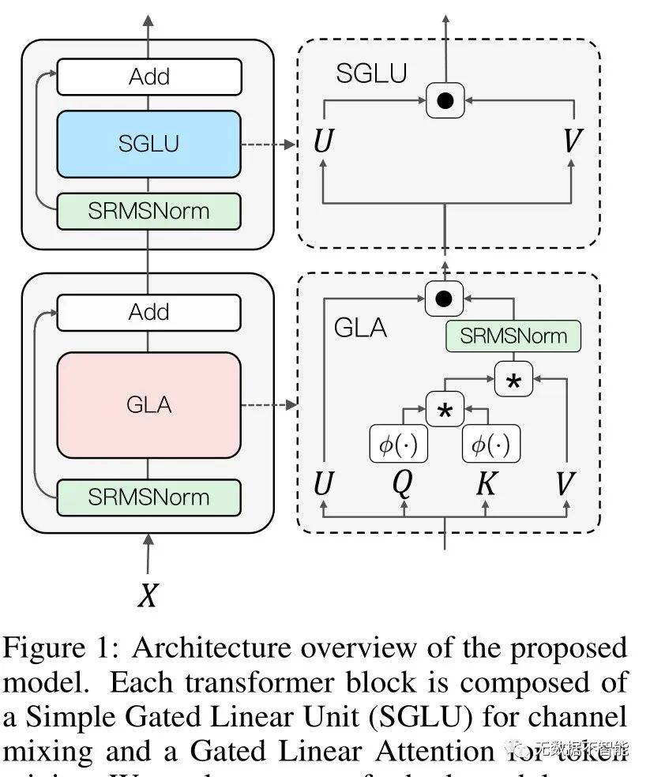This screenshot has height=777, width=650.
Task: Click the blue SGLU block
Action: [x=148, y=144]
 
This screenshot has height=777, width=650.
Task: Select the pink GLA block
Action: [x=148, y=405]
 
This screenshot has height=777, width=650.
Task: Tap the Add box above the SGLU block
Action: [x=148, y=77]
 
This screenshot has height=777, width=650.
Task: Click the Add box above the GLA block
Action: [x=148, y=312]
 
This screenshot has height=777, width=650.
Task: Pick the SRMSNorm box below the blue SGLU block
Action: [x=148, y=211]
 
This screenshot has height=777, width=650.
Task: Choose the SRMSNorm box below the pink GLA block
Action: [x=148, y=497]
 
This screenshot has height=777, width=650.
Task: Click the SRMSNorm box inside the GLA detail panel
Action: [x=513, y=336]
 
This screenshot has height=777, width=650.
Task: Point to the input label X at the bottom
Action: [x=148, y=596]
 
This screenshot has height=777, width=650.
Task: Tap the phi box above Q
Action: [x=399, y=445]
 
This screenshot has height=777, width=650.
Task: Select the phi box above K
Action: [x=490, y=445]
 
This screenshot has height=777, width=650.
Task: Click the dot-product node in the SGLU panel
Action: [x=445, y=100]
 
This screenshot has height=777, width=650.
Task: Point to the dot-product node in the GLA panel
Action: [x=444, y=298]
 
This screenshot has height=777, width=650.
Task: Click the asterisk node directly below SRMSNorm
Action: [x=513, y=381]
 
